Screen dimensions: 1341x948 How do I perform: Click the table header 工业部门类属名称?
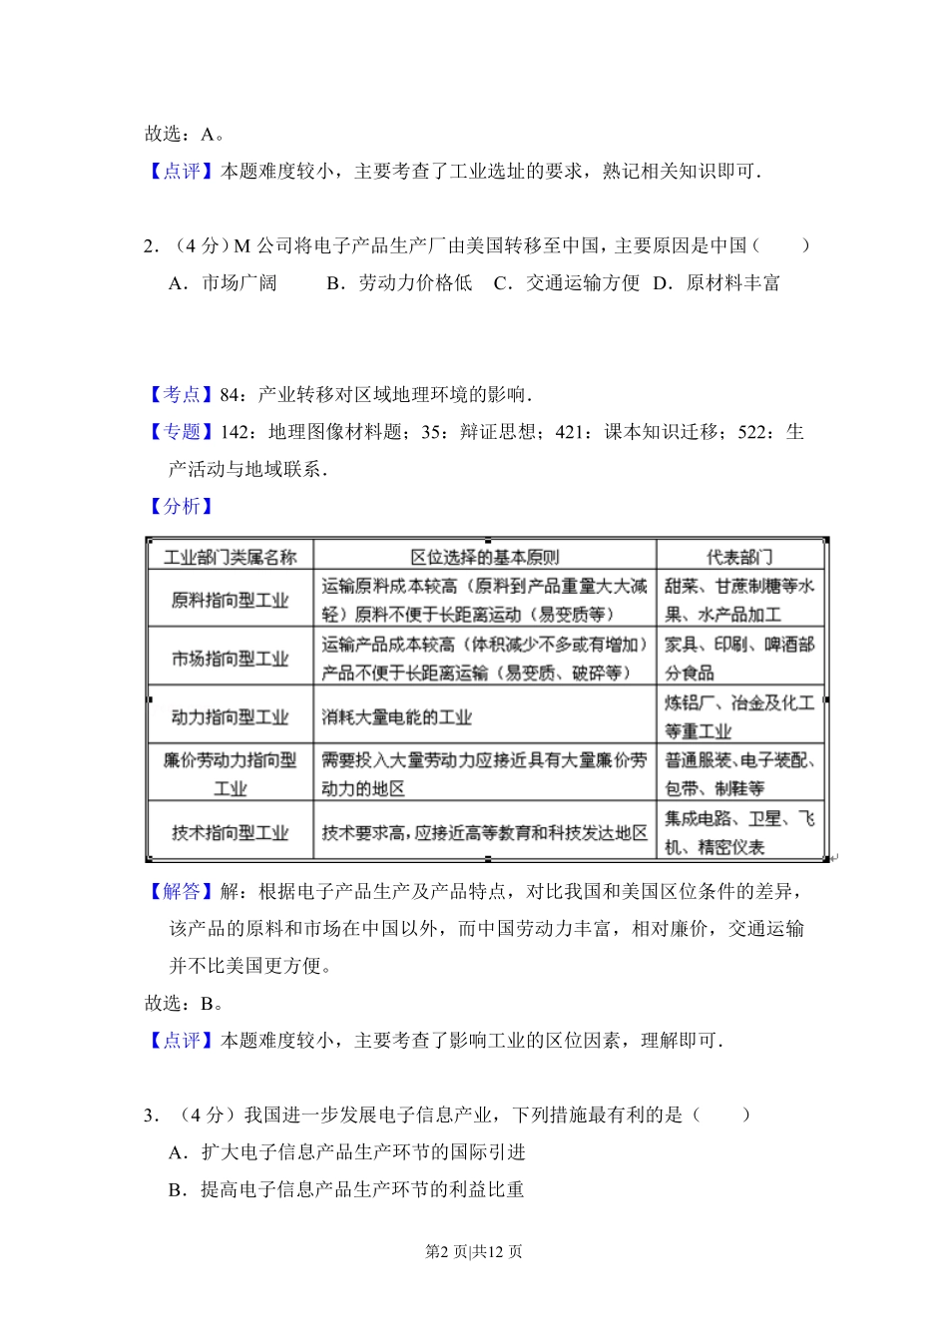(231, 557)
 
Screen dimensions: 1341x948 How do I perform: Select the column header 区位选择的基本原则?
(485, 557)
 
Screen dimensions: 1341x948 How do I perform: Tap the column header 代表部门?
(739, 557)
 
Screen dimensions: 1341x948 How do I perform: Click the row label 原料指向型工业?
(231, 600)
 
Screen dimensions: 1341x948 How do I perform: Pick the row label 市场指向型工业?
(231, 659)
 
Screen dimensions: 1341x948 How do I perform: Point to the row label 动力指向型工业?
(231, 716)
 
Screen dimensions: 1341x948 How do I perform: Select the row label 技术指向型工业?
(231, 832)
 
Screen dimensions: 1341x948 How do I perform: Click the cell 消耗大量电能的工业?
(397, 716)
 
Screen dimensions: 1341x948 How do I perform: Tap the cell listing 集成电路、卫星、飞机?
(739, 832)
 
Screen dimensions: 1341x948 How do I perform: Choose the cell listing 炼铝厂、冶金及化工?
(739, 716)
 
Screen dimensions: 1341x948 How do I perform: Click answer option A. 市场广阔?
(224, 283)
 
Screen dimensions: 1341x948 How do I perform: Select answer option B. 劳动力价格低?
(399, 283)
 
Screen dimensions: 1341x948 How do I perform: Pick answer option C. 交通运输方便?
(567, 283)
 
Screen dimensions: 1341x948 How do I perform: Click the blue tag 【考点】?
(181, 395)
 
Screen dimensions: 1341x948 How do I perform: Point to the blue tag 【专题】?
(181, 432)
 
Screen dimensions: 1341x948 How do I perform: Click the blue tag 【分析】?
(181, 506)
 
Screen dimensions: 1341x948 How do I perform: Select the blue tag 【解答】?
(181, 891)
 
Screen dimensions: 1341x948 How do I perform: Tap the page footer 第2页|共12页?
(474, 1251)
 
